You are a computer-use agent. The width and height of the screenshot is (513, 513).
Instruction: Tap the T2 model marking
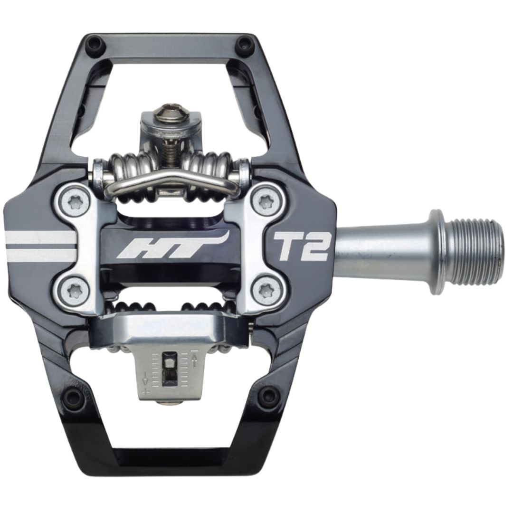301,246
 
